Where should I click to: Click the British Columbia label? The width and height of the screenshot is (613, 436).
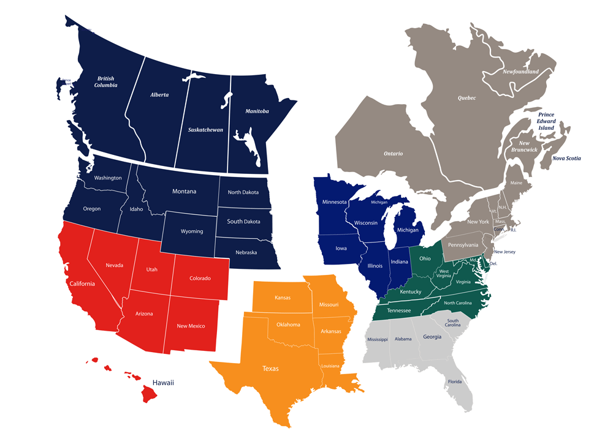(x=105, y=81)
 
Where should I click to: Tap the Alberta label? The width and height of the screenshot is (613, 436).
(x=159, y=95)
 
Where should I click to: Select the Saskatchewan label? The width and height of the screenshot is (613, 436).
(x=205, y=130)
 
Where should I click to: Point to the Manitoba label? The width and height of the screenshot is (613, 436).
(x=257, y=111)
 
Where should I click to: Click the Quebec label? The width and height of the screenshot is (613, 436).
(x=466, y=98)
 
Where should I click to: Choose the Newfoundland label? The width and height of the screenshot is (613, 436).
(x=520, y=72)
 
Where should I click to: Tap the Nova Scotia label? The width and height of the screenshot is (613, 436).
(x=566, y=158)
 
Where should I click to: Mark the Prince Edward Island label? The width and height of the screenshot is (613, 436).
(x=547, y=121)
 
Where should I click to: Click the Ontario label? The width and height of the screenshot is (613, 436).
(x=393, y=154)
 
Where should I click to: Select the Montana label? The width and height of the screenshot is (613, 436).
(x=184, y=192)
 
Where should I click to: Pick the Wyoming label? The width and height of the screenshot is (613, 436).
(x=192, y=232)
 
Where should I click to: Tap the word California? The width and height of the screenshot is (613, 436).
(x=82, y=284)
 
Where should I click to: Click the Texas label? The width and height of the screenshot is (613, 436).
(x=270, y=369)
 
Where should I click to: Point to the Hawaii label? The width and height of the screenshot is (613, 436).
(x=164, y=383)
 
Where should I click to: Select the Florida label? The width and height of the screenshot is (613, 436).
(x=454, y=382)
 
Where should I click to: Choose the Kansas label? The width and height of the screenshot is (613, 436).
(x=283, y=298)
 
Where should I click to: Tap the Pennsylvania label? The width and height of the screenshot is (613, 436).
(x=463, y=245)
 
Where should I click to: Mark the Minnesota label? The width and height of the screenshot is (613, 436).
(x=335, y=202)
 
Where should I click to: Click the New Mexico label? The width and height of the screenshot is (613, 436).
(x=191, y=326)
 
